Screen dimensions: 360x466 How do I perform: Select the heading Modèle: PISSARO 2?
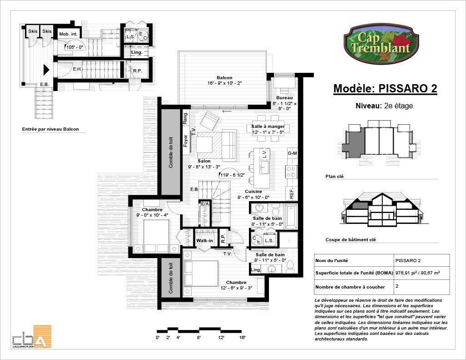tap(385, 89)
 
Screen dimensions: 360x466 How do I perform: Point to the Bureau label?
tap(284, 98)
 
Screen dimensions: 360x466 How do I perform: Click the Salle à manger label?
tap(268, 127)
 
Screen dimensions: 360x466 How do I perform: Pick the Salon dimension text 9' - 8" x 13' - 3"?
tap(204, 167)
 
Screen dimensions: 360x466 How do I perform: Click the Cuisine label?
tap(253, 192)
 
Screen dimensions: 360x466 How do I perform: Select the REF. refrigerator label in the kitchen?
tap(291, 193)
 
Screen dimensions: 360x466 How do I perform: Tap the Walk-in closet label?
tap(204, 241)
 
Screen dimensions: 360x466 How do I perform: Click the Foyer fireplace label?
tap(186, 140)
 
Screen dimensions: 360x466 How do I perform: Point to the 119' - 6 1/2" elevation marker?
tap(233, 175)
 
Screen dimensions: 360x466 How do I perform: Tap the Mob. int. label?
tap(67, 34)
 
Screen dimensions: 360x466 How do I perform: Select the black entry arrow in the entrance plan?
tap(46, 70)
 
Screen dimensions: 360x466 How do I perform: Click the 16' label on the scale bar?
tap(242, 337)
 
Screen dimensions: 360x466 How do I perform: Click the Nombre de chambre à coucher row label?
tap(350, 287)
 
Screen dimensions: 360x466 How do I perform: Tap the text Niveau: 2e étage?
tap(384, 106)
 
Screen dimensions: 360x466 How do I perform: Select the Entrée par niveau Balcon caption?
tap(51, 129)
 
